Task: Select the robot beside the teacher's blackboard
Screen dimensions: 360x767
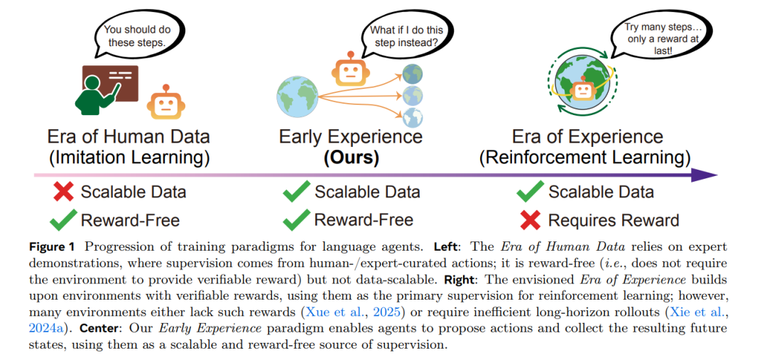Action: pyautogui.click(x=163, y=104)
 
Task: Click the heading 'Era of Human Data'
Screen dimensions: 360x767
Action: pyautogui.click(x=128, y=136)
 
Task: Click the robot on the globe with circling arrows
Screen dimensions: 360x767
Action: pyautogui.click(x=583, y=89)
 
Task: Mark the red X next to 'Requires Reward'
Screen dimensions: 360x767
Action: pyautogui.click(x=530, y=220)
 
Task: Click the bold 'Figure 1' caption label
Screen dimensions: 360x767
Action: pyautogui.click(x=53, y=246)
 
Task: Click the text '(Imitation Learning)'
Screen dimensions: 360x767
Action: pyautogui.click(x=128, y=158)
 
